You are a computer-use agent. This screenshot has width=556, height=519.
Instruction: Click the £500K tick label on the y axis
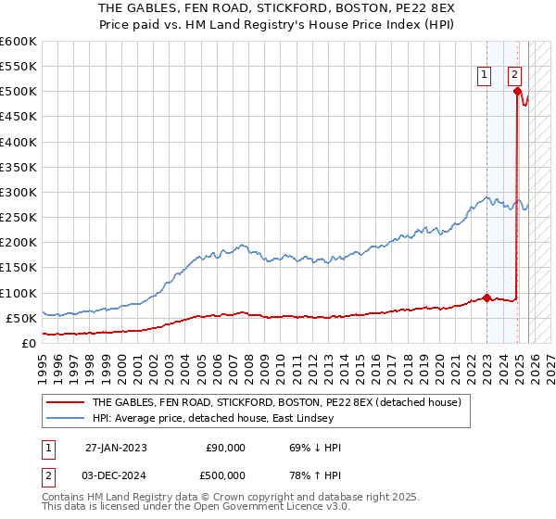18,92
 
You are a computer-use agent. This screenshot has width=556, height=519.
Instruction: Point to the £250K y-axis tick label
18,218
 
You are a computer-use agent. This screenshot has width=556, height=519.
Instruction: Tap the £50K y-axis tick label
21,318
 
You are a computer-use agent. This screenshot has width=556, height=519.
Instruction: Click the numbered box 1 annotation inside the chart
484,76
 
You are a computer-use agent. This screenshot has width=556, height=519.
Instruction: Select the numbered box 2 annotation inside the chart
514,76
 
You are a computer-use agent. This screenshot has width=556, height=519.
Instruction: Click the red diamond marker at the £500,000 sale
517,91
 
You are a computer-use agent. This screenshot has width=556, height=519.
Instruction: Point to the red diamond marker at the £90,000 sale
487,297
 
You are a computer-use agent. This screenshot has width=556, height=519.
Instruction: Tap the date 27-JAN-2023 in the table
116,448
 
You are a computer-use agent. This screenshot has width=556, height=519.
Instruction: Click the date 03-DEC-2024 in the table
116,475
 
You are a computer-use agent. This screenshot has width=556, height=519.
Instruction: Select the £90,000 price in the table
225,448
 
